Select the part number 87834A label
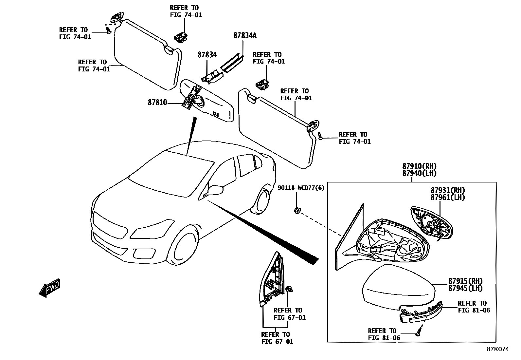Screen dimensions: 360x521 tap(245, 36)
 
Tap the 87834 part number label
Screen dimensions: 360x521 tap(207, 55)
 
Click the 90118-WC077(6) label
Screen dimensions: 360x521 tap(301, 188)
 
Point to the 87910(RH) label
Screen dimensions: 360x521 tap(419, 166)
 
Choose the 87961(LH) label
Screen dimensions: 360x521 tap(447, 198)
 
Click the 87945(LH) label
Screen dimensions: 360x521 tap(465, 288)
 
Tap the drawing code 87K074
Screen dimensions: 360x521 tap(497, 349)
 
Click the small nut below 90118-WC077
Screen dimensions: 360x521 tap(297, 210)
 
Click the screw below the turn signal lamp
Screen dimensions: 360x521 tap(418, 333)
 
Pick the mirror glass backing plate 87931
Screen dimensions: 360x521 tap(431, 224)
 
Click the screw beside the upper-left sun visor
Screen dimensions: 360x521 tap(108, 30)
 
